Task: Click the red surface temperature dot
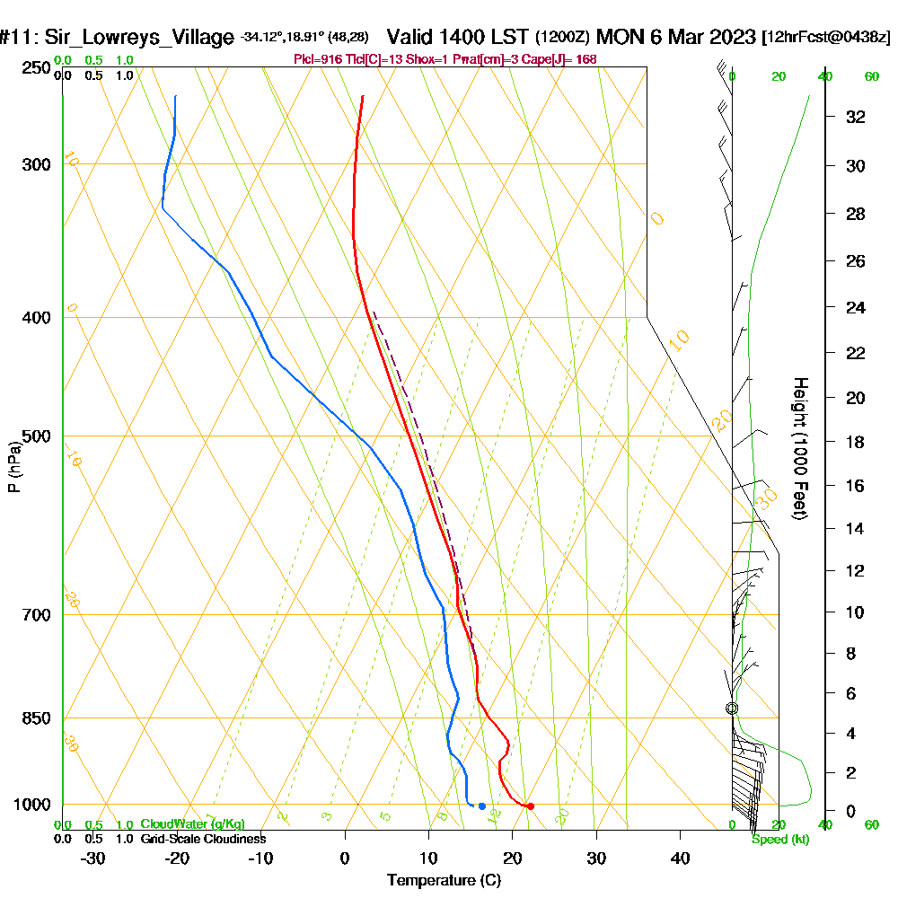(530, 806)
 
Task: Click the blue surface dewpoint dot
(482, 806)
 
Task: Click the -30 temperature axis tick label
(93, 858)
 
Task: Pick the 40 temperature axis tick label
(680, 858)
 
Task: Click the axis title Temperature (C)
(444, 881)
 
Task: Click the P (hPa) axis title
(13, 466)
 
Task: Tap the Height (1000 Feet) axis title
(798, 448)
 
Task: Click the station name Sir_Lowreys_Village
(135, 38)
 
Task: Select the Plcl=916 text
(319, 59)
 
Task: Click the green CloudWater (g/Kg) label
(192, 824)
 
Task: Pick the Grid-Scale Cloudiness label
(202, 839)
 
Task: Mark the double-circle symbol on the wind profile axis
(732, 709)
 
